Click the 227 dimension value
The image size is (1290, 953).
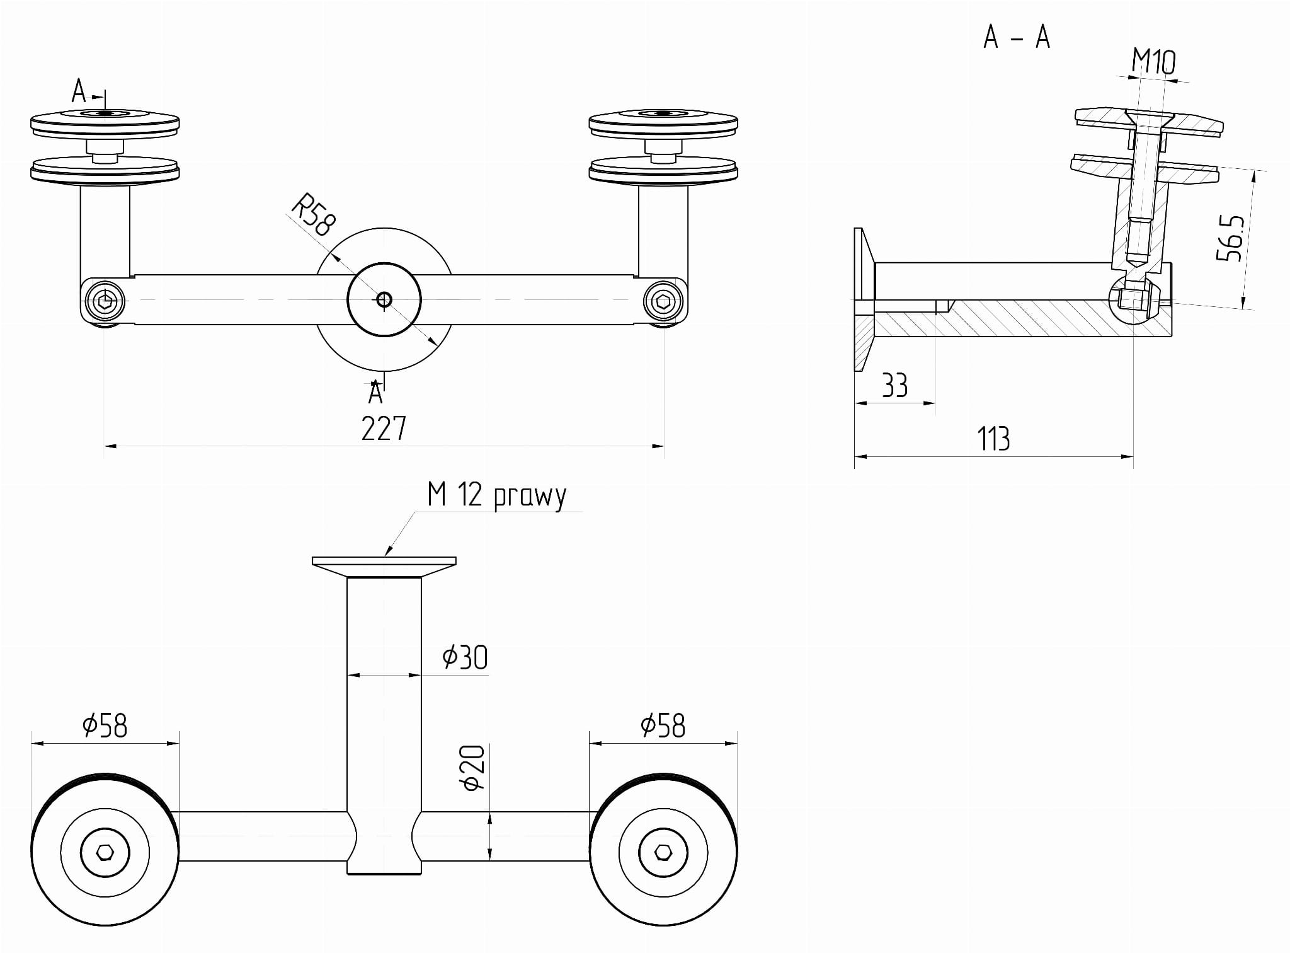(384, 429)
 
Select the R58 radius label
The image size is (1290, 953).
(314, 214)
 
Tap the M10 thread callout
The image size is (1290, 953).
(1153, 62)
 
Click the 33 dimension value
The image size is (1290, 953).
(894, 386)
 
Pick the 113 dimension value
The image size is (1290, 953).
(993, 439)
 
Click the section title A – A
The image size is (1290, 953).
(1017, 38)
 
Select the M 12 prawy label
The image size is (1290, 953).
(497, 495)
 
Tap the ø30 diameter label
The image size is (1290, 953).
(465, 657)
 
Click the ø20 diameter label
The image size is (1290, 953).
(473, 768)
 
